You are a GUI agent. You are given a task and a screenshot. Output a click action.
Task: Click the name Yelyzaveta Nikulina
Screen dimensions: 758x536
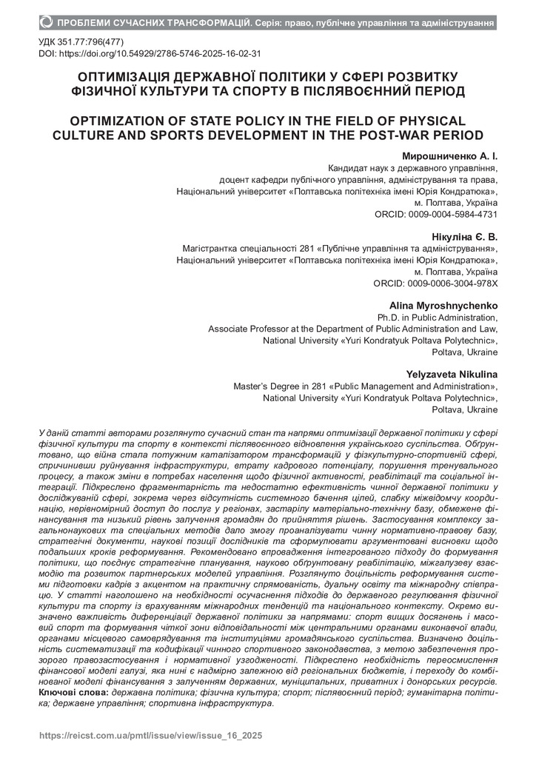pyautogui.click(x=452, y=375)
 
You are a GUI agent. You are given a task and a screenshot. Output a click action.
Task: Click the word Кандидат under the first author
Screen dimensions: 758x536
pyautogui.click(x=349, y=169)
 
